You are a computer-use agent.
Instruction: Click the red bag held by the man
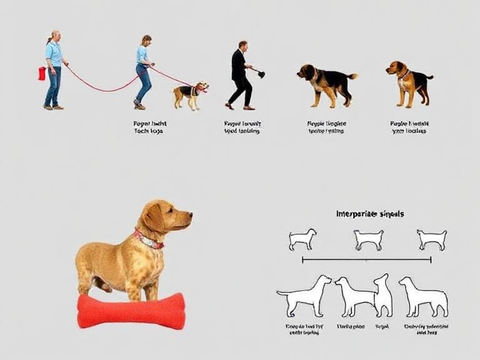(x=42, y=73)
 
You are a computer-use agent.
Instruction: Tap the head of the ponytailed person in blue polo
(x=56, y=36)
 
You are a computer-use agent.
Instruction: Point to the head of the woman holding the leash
(x=146, y=41)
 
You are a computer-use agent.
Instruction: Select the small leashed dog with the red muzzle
(x=189, y=94)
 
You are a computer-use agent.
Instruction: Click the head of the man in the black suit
(x=242, y=46)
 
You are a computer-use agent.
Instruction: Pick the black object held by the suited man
(x=260, y=74)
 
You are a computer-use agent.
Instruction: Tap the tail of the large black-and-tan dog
(x=352, y=76)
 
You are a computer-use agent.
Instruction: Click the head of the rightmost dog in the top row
(x=395, y=67)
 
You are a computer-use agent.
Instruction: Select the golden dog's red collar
(x=148, y=240)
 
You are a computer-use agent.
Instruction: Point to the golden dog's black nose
(x=189, y=216)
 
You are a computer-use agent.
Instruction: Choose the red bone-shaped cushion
(x=131, y=311)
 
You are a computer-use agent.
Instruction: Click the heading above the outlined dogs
(x=369, y=214)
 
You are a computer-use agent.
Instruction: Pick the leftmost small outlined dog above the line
(x=302, y=239)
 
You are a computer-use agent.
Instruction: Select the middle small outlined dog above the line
(x=368, y=239)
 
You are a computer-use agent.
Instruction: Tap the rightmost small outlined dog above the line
(x=432, y=239)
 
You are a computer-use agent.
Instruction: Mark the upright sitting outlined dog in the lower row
(x=382, y=296)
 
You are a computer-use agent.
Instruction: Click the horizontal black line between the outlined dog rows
(x=366, y=259)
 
